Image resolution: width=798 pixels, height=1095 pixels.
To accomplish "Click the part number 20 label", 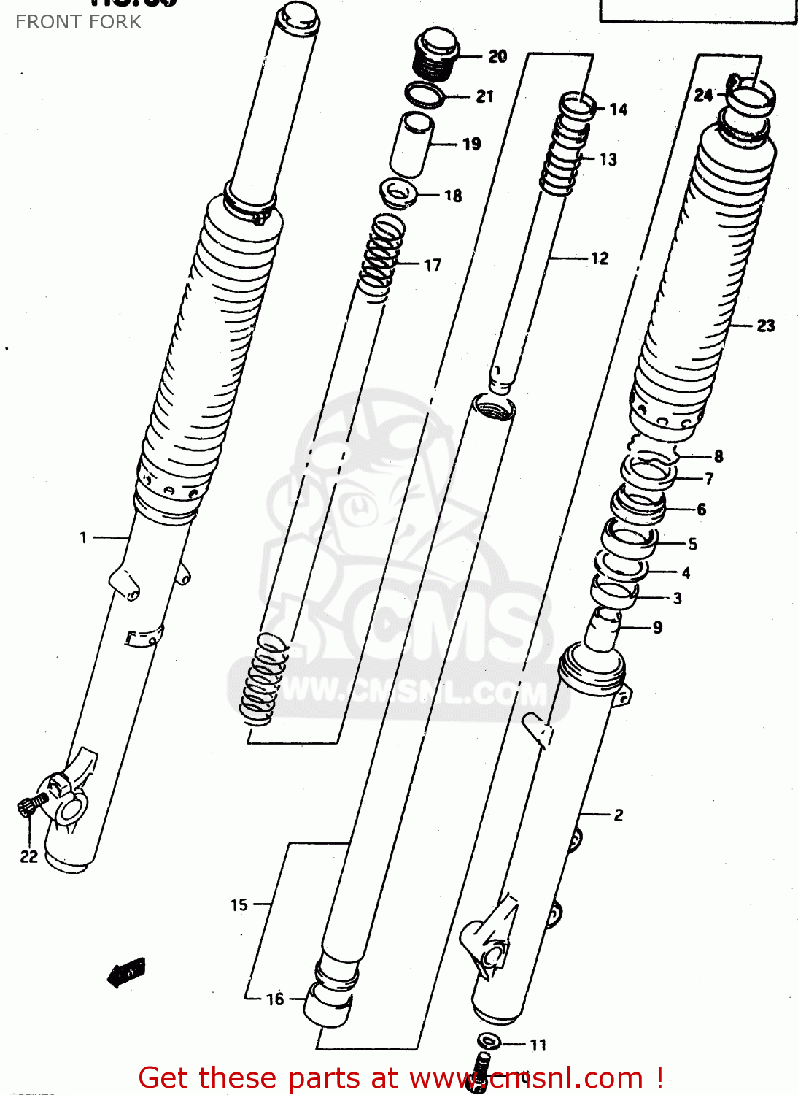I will [x=497, y=56].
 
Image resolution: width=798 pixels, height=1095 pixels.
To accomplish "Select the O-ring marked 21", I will [x=425, y=94].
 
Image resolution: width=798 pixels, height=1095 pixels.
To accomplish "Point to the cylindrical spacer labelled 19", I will [x=413, y=144].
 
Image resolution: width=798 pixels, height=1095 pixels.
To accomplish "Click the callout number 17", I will [x=433, y=265].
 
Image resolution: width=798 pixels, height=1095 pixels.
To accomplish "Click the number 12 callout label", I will [x=600, y=258].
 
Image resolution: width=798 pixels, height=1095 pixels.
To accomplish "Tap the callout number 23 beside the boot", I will [x=765, y=326].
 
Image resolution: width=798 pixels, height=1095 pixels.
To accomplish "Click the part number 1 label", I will [x=83, y=538].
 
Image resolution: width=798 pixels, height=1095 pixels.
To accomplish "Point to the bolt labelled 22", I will [x=30, y=805].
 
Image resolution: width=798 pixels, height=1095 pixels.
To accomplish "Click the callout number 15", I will [x=239, y=904].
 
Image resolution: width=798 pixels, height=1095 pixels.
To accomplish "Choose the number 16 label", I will [x=275, y=999].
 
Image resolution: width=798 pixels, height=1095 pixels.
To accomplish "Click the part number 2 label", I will [x=619, y=815].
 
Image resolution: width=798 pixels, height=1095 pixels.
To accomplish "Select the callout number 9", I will [x=657, y=627].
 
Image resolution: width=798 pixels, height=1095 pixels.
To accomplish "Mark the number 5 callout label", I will [x=692, y=544].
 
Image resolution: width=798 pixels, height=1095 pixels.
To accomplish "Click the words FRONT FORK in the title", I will [x=78, y=22].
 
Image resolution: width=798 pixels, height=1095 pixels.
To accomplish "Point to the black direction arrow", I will [x=127, y=972].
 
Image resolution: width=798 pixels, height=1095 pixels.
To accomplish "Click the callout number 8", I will [x=718, y=456].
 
